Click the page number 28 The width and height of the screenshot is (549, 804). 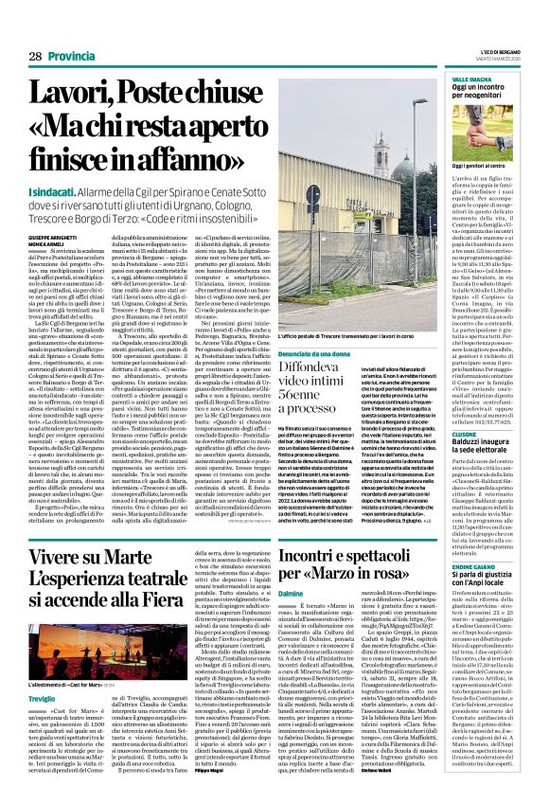pyautogui.click(x=35, y=57)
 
